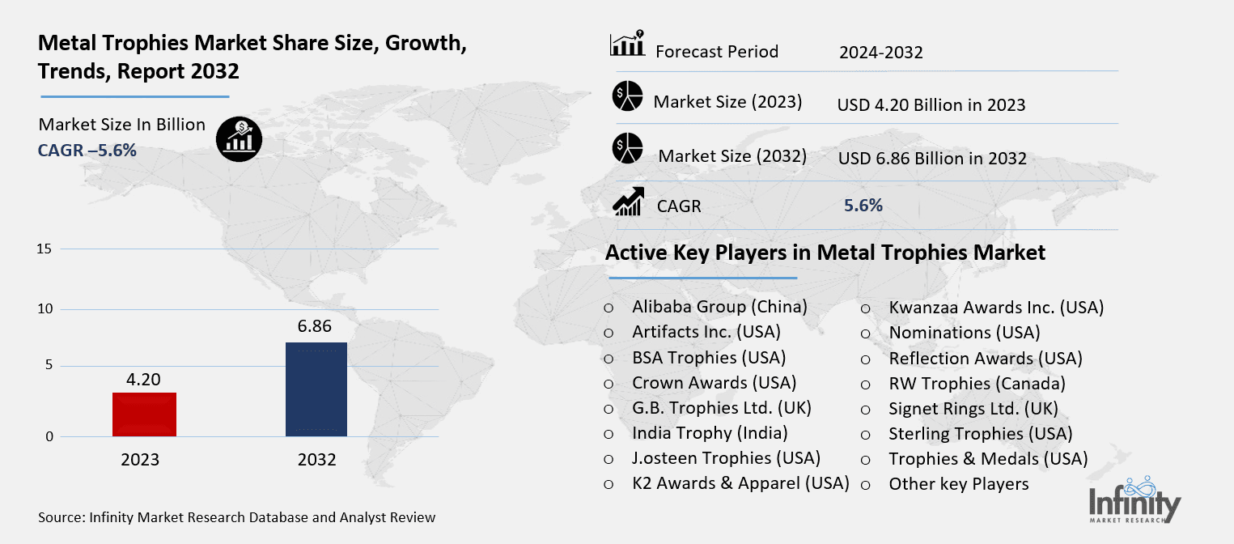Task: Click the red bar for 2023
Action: click(x=145, y=414)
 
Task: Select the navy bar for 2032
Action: click(x=316, y=389)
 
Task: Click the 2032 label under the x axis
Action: click(x=316, y=460)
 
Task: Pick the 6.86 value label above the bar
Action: click(x=316, y=327)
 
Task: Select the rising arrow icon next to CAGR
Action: click(x=628, y=202)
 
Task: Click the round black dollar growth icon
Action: click(x=239, y=138)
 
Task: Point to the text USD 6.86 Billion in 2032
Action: click(x=931, y=158)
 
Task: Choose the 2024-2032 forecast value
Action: click(x=880, y=53)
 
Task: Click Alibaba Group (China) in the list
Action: click(x=719, y=307)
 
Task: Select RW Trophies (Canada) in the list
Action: click(x=977, y=383)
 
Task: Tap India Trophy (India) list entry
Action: click(x=710, y=433)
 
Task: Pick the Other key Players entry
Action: click(x=958, y=484)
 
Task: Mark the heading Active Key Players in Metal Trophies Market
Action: click(x=825, y=253)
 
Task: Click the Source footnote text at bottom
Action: click(x=236, y=516)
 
